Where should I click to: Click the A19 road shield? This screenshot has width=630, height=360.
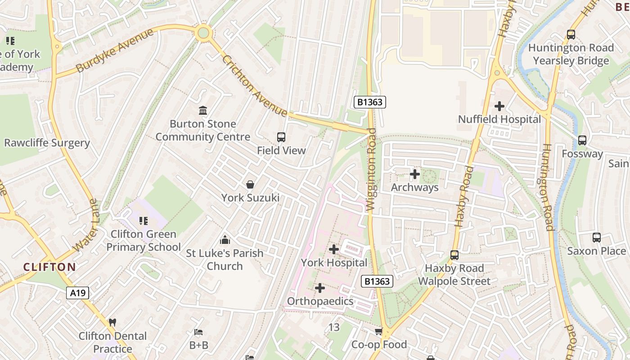(x=78, y=293)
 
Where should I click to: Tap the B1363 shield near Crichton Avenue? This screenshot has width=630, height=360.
(x=370, y=102)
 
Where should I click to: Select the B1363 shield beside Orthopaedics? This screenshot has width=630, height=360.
(x=377, y=282)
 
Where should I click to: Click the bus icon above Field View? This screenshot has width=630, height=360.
(x=281, y=137)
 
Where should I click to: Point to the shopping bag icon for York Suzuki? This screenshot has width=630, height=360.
(x=250, y=184)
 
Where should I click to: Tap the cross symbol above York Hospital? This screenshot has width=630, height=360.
(x=334, y=249)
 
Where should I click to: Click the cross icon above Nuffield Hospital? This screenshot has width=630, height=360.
(x=499, y=107)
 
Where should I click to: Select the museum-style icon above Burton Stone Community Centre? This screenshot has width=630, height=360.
(x=203, y=110)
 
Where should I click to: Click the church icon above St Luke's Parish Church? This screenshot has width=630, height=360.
(x=225, y=240)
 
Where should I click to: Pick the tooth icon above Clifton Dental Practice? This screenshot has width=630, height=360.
(x=112, y=323)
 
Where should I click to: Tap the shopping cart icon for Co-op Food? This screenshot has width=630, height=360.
(x=379, y=332)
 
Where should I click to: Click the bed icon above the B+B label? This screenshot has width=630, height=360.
(x=198, y=333)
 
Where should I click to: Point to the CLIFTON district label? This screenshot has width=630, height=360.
(x=49, y=267)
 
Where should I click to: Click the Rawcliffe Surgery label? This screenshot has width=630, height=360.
(x=47, y=143)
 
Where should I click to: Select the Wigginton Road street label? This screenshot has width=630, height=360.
(x=371, y=170)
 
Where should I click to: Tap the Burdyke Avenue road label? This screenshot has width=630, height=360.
(x=115, y=50)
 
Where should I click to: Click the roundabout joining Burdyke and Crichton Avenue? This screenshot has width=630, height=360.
(x=203, y=33)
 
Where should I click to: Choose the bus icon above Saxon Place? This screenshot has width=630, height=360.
(x=596, y=238)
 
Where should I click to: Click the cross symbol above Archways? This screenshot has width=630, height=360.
(x=414, y=174)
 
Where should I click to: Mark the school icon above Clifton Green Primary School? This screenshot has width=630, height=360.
(x=144, y=221)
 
